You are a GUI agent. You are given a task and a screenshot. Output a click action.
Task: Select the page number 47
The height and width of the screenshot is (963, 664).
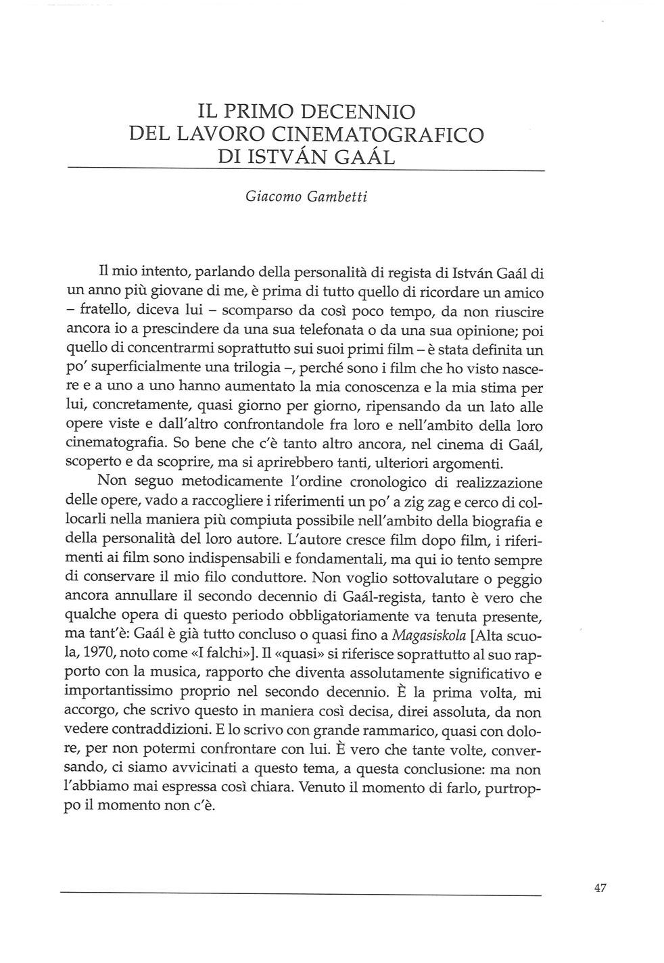(x=599, y=889)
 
